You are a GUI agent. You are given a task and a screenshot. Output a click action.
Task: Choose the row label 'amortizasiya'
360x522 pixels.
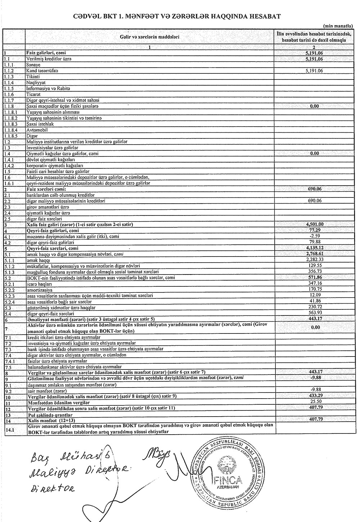pyautogui.click(x=39, y=289)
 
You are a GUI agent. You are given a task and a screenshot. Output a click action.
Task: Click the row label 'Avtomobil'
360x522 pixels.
pyautogui.click(x=37, y=130)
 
